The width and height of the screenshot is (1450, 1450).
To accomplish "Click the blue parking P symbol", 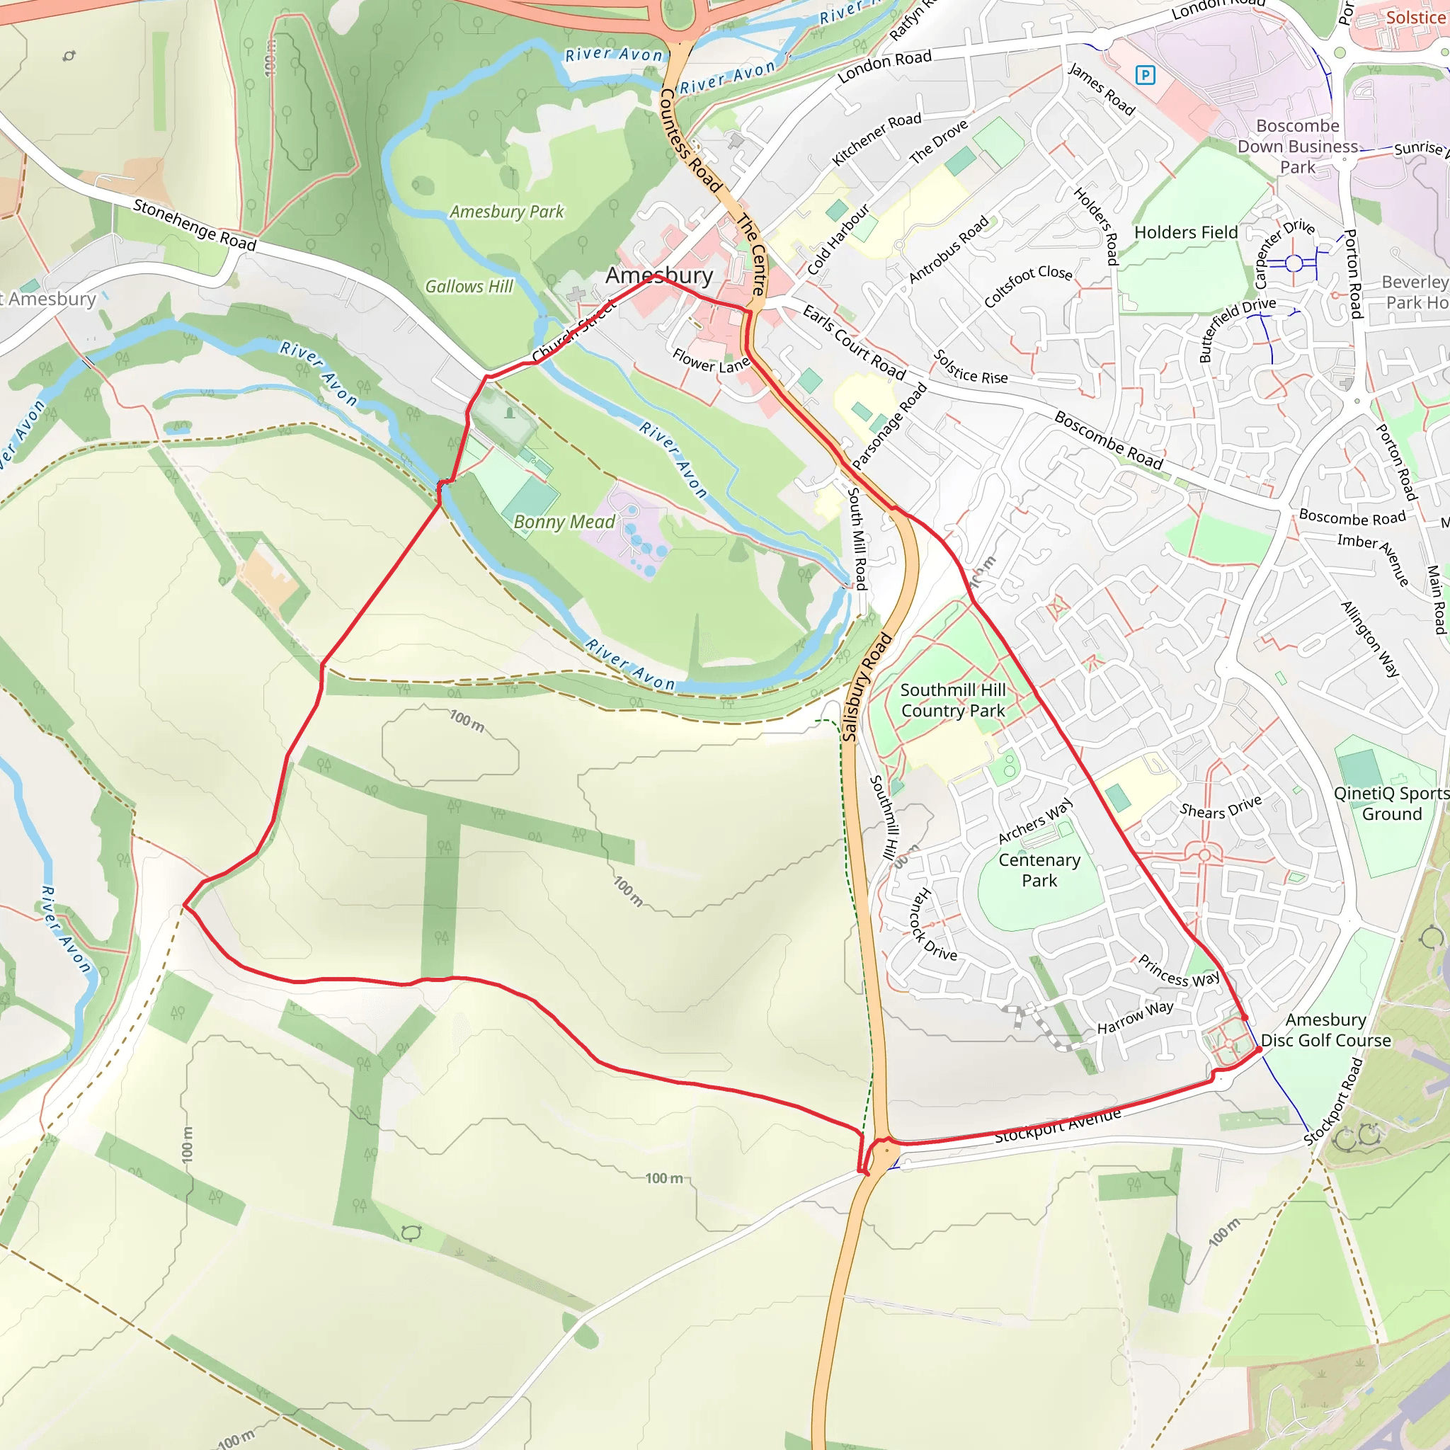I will tap(1145, 75).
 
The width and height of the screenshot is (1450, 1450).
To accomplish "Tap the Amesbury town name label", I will tap(659, 275).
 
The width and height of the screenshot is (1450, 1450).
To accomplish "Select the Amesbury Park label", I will tap(507, 212).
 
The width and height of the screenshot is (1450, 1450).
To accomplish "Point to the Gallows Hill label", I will tap(469, 287).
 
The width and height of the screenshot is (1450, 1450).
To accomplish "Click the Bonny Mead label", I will tap(564, 522).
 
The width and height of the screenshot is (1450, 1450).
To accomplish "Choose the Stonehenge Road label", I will tap(195, 224).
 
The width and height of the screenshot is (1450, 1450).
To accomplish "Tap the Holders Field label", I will tap(1186, 233).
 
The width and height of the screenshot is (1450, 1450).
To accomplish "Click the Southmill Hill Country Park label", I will tap(952, 700).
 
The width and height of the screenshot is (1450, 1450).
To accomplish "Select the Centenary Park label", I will tap(1039, 870).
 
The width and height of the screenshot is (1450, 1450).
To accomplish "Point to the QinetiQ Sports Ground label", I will tap(1391, 803).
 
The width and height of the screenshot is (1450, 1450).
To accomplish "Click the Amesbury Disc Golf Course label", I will tap(1325, 1029).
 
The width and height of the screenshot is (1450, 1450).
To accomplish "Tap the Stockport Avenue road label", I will tap(1058, 1126).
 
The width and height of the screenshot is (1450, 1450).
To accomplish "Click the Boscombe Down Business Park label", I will tap(1298, 147).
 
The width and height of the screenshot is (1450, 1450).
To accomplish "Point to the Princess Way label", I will tap(1178, 971).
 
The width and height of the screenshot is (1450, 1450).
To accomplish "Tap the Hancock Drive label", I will tap(933, 925).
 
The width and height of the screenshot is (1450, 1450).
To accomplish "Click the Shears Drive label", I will tap(1221, 807).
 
